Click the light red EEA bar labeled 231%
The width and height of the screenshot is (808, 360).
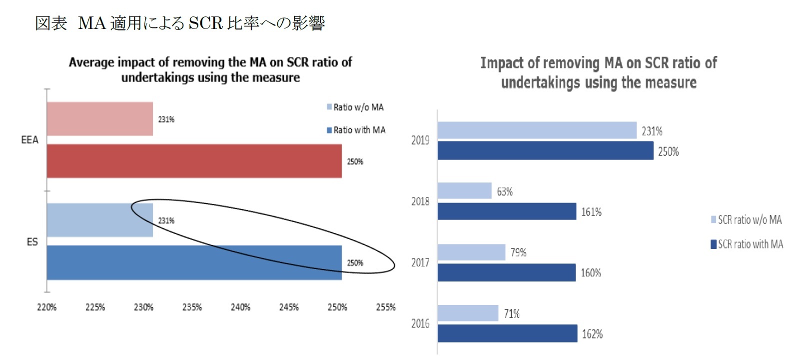tap(100, 119)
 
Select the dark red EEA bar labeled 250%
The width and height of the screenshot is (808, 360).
tap(194, 161)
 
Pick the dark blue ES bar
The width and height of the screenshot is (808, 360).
tap(194, 262)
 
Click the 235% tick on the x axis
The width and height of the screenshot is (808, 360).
tap(192, 307)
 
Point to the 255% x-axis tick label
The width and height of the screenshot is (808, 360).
tap(385, 307)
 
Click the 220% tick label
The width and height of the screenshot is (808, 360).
tap(46, 307)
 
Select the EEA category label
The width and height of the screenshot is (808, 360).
tap(29, 140)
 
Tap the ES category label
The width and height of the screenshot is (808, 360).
tap(32, 242)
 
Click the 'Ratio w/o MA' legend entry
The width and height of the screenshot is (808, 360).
tap(355, 107)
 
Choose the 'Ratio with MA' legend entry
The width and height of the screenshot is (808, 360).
tap(356, 130)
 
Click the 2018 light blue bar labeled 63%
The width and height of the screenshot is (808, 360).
tap(464, 190)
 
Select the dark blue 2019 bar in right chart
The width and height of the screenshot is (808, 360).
tap(545, 150)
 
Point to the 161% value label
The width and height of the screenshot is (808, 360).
tap(591, 212)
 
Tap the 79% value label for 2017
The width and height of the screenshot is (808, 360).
tap(518, 252)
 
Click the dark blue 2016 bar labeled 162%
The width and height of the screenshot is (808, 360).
tap(507, 333)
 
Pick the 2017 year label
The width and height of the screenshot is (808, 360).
tap(420, 262)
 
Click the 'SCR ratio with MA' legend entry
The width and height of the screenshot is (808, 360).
tap(747, 244)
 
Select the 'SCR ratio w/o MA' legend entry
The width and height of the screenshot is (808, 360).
tap(747, 219)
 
